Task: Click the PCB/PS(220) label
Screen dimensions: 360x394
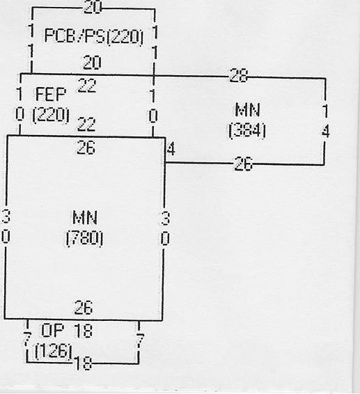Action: tap(94, 37)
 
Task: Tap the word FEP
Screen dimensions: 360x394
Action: tap(51, 94)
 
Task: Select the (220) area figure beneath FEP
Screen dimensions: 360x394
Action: tap(51, 115)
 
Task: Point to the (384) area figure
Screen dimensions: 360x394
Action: tap(247, 130)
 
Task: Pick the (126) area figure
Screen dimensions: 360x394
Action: tap(54, 351)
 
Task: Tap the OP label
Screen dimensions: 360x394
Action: tap(52, 330)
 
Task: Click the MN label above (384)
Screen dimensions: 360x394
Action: tap(247, 110)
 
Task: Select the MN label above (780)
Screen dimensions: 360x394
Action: tap(85, 218)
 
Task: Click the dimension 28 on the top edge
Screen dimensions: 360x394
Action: tap(238, 75)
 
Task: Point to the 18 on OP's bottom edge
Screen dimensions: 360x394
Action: tap(84, 363)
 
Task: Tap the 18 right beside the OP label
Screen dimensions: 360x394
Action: tap(84, 330)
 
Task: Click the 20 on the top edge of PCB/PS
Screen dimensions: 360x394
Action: tap(92, 7)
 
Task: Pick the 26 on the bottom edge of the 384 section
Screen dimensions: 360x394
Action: tap(243, 164)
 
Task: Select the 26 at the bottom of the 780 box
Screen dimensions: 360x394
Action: tap(84, 307)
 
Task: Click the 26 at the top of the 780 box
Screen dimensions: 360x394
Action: tap(86, 148)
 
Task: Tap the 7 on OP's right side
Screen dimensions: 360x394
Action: tap(140, 340)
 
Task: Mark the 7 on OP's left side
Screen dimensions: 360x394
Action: tap(27, 339)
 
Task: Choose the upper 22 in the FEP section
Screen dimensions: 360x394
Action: tap(87, 86)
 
